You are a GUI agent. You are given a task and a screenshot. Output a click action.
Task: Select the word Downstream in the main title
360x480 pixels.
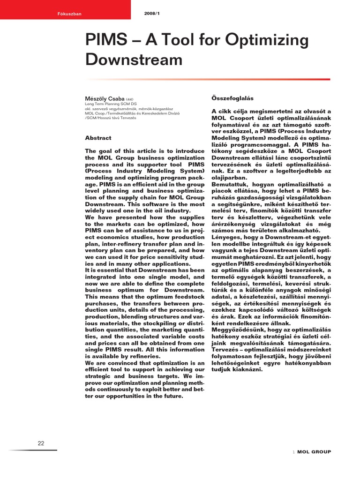pos(133,60)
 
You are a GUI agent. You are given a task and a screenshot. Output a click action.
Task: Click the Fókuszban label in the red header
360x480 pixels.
pos(72,14)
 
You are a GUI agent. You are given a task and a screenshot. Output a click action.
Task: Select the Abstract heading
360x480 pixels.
pos(98,138)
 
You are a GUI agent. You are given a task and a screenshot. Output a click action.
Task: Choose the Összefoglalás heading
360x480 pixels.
pos(232,98)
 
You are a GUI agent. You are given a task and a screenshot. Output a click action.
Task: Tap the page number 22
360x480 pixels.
pos(41,443)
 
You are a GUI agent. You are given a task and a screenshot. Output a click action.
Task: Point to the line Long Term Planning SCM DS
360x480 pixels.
pos(111,104)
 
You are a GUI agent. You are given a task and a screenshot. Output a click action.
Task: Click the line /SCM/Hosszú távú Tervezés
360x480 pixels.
pos(110,118)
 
